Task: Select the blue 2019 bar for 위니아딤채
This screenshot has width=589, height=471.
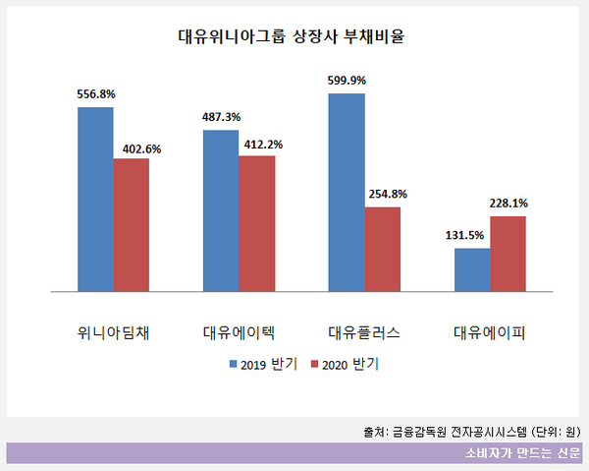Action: [x=95, y=199]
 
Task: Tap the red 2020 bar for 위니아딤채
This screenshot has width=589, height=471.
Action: [x=131, y=224]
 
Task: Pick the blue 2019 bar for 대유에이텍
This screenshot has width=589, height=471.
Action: [x=221, y=210]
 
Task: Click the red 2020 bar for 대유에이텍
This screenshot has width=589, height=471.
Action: [x=257, y=223]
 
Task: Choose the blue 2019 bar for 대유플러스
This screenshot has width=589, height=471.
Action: [x=347, y=193]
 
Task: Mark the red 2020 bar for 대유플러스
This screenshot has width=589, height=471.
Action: [x=383, y=249]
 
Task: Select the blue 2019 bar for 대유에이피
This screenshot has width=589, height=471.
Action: [x=472, y=269]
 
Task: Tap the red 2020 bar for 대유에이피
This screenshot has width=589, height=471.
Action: [x=509, y=254]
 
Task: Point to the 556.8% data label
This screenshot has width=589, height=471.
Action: [x=96, y=94]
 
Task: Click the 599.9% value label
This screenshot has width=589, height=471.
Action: [x=348, y=82]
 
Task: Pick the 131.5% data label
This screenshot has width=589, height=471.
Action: [x=472, y=236]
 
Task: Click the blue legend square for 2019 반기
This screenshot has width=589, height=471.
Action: [x=234, y=364]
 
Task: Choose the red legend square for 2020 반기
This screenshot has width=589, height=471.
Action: [x=314, y=364]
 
